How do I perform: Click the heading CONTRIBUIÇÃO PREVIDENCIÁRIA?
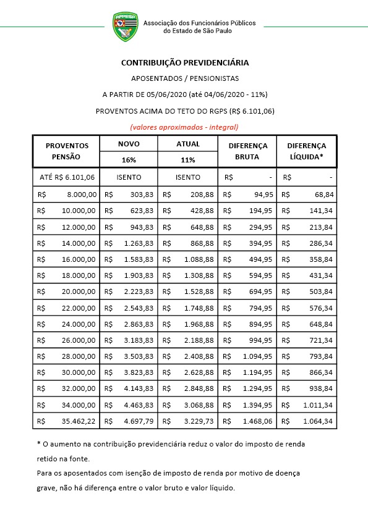click(x=185, y=63)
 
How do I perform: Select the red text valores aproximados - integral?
click(x=184, y=127)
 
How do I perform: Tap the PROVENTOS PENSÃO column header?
click(x=67, y=151)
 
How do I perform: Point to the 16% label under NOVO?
click(x=129, y=159)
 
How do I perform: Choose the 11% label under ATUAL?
click(x=188, y=159)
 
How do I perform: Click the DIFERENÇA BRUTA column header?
click(x=247, y=151)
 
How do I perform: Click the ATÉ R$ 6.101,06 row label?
click(x=67, y=177)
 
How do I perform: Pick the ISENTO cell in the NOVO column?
click(x=129, y=177)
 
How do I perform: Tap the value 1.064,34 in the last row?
click(x=318, y=421)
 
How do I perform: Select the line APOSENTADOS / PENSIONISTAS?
click(x=185, y=78)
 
